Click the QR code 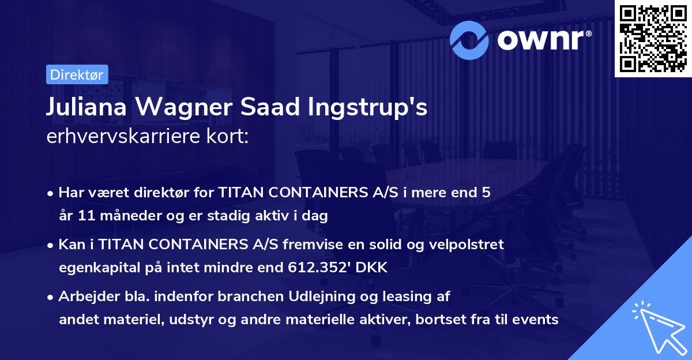tap(653, 39)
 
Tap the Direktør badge tap(76, 74)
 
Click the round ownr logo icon tap(470, 40)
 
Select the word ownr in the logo tap(543, 40)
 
